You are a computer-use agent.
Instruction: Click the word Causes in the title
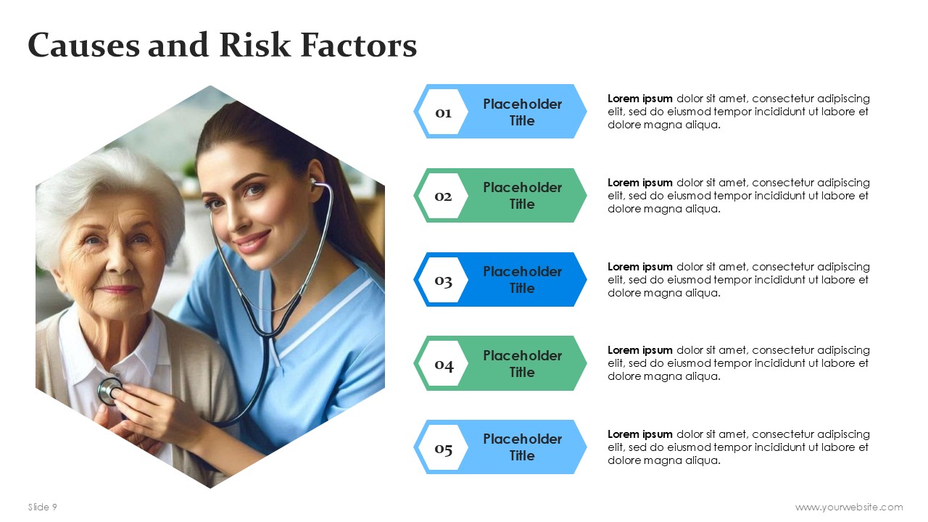point(83,45)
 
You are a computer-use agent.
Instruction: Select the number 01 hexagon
point(443,112)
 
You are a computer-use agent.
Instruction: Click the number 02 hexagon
point(443,196)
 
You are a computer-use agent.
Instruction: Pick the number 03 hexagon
point(443,280)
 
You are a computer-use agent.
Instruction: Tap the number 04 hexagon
point(443,363)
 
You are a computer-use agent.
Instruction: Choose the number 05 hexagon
point(443,447)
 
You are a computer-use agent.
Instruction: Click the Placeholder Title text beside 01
point(522,112)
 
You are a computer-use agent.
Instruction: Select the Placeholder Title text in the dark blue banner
point(522,280)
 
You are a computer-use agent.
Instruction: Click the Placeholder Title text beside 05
point(522,447)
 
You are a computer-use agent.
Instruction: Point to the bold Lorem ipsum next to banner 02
point(639,183)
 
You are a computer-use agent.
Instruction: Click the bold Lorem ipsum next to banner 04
point(639,350)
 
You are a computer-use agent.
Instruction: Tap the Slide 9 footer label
point(42,507)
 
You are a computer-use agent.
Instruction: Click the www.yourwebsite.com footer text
point(849,507)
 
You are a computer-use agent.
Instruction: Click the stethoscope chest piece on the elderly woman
point(109,391)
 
